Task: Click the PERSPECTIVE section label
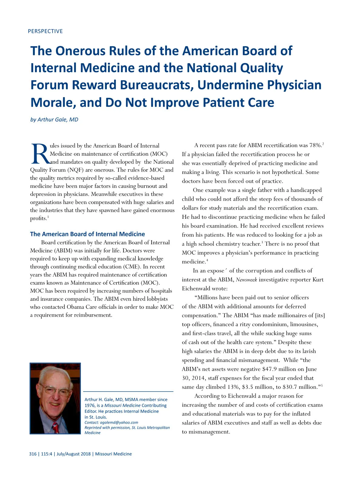pos(45,31)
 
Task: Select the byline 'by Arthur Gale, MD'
pos(54,120)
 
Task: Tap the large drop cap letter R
pos(39,154)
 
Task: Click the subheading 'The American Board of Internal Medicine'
pos(87,234)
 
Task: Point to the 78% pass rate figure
pos(315,146)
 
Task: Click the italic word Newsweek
pos(246,280)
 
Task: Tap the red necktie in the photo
pos(55,427)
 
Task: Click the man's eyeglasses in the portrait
pos(56,391)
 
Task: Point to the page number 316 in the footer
pos(33,454)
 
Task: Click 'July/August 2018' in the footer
pos(74,454)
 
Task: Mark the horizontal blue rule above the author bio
pos(128,392)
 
